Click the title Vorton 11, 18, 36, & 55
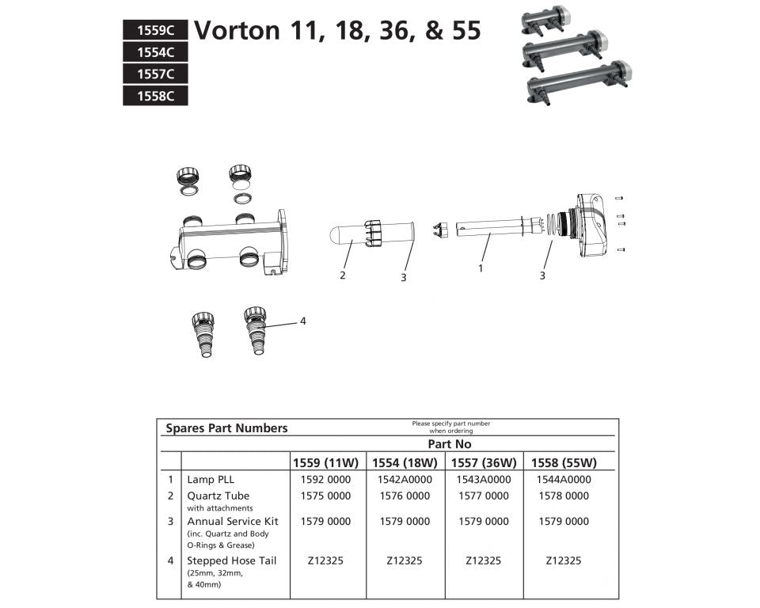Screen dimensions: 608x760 [337, 30]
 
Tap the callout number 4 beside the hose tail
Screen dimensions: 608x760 [302, 321]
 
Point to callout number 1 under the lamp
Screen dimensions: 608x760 [480, 268]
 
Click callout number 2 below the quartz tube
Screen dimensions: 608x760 [342, 275]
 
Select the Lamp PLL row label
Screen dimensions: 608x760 [211, 480]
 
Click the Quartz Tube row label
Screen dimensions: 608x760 [218, 496]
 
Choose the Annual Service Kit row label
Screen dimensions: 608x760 [232, 522]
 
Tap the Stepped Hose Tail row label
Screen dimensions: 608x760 [231, 560]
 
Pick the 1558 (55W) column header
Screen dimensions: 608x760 [563, 463]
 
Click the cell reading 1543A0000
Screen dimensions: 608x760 [484, 480]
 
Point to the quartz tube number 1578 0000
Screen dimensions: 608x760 [563, 496]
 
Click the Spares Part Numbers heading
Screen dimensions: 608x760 [226, 428]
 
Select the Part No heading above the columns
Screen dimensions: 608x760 [450, 445]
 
